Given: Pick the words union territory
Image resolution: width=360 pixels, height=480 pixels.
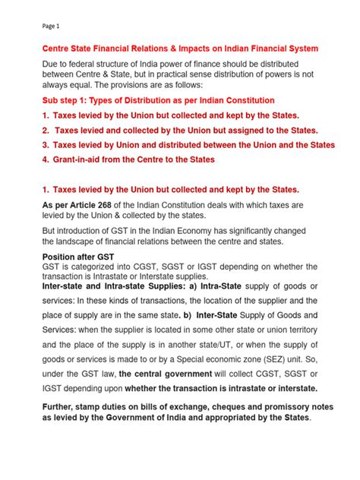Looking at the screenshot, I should pos(289,328).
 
